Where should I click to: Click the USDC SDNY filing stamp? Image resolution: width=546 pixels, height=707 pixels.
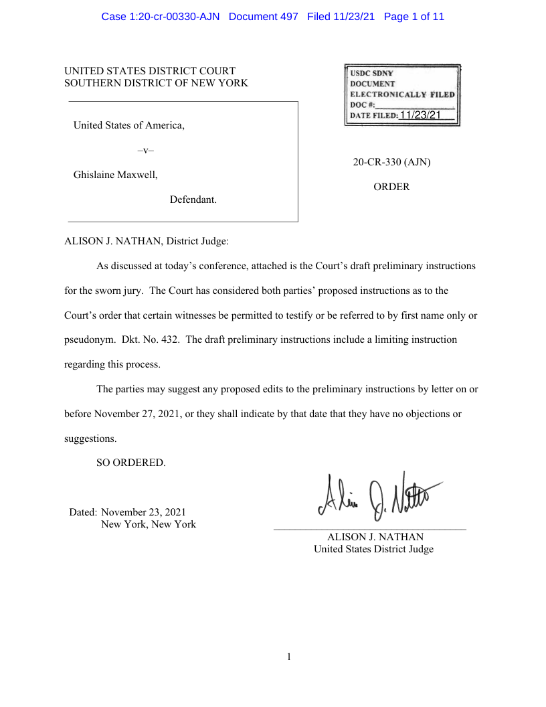(x=402, y=95)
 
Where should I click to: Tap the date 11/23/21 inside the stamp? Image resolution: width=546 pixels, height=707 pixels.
(x=420, y=115)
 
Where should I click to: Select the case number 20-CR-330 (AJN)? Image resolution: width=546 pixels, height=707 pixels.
(x=391, y=162)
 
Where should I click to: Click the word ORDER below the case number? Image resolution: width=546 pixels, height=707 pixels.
(x=391, y=187)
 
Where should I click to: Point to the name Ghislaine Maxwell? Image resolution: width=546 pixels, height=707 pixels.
(x=115, y=175)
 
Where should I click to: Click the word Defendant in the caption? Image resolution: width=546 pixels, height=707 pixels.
(x=193, y=200)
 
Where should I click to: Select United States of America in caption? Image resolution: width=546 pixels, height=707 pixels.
(x=128, y=125)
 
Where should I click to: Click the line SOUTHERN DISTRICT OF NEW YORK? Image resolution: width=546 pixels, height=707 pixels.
(x=156, y=83)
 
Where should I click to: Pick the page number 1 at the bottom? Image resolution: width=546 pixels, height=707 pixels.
(x=289, y=657)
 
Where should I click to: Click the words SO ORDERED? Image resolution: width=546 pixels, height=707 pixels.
(x=130, y=463)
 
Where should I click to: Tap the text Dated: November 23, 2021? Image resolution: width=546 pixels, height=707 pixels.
(x=128, y=512)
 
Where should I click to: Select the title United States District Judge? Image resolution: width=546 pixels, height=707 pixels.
(x=373, y=549)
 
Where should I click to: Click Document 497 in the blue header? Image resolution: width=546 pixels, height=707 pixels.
(x=264, y=16)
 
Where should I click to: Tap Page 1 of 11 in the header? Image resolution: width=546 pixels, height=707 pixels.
(x=414, y=16)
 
